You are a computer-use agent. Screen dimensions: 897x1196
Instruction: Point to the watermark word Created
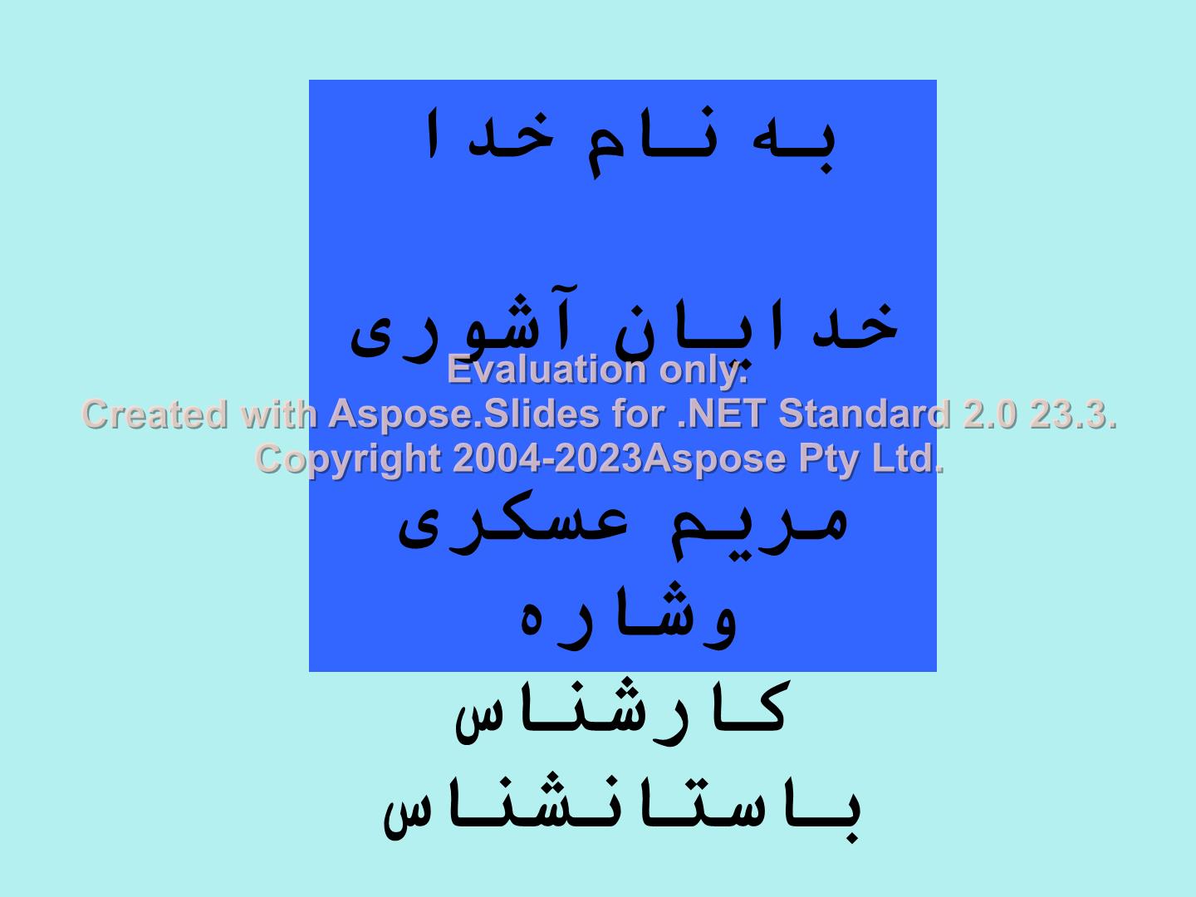pyautogui.click(x=154, y=414)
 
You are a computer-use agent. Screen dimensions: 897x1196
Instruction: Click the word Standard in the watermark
pyautogui.click(x=864, y=414)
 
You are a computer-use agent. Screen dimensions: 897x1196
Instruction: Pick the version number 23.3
pyautogui.click(x=1073, y=414)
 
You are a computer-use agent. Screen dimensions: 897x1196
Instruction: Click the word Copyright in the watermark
pyautogui.click(x=347, y=458)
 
